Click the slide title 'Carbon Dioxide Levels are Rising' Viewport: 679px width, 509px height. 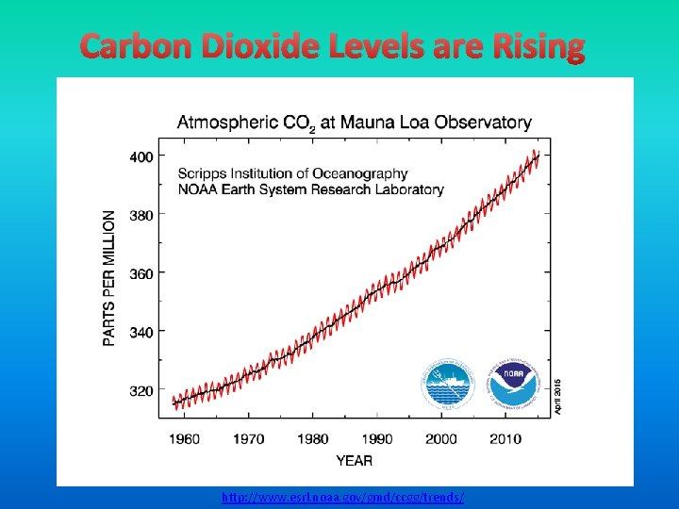point(333,46)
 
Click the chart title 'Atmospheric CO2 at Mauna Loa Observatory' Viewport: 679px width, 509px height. point(355,123)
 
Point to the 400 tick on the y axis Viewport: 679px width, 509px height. point(141,156)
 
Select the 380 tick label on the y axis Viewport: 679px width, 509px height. point(141,215)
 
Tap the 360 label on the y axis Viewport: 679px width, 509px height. point(141,273)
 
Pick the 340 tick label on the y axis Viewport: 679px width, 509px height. point(141,332)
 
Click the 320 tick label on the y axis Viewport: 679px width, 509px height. point(141,390)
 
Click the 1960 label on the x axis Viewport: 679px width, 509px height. point(185,439)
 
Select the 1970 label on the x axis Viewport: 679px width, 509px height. point(249,439)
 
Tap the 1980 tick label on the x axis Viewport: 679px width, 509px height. point(313,439)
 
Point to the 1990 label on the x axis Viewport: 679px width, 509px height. point(377,439)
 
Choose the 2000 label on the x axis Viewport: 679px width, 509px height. point(441,439)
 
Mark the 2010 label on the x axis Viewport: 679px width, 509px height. point(505,439)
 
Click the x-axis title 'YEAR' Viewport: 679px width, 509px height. point(354,460)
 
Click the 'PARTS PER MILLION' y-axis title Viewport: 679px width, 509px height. point(110,276)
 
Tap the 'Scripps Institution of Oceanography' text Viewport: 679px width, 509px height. point(293,173)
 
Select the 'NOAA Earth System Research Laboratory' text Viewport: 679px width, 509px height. point(311,189)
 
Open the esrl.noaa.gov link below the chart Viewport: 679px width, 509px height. point(343,497)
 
